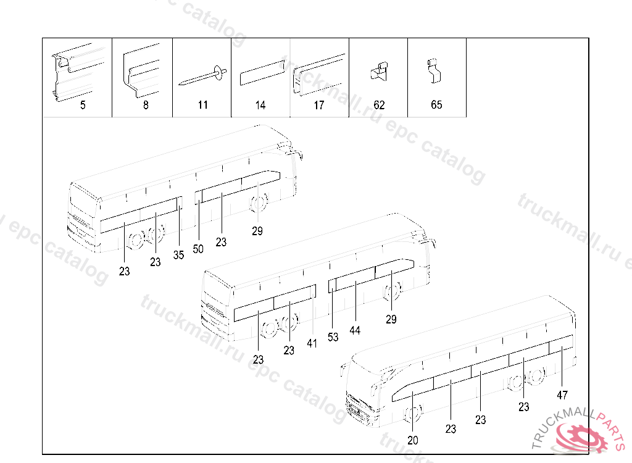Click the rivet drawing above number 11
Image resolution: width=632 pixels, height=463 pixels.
click(202, 76)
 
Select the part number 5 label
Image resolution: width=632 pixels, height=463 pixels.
click(83, 106)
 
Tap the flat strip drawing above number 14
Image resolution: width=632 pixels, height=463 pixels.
click(262, 73)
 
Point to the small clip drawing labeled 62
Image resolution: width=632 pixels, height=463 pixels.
click(380, 72)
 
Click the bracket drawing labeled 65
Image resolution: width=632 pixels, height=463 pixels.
click(434, 71)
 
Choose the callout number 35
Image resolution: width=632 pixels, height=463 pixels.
click(178, 255)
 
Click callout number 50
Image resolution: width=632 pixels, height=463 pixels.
click(198, 249)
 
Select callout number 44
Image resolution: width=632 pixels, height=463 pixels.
click(355, 331)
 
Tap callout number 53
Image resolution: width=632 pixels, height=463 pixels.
click(333, 337)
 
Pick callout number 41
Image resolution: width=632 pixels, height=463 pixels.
click(312, 344)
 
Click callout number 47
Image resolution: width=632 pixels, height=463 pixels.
click(562, 395)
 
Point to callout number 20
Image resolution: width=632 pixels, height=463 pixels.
click(413, 440)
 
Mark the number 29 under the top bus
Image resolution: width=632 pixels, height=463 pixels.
click(257, 231)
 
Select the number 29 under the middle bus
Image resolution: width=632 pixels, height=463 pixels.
click(391, 319)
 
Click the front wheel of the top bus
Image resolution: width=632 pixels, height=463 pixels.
click(259, 203)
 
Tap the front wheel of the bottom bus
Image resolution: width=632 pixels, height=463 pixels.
click(413, 414)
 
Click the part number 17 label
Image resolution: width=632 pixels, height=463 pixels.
click(319, 106)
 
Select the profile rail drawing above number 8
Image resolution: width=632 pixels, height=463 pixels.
click(141, 71)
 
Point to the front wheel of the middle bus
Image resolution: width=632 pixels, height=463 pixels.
click(392, 291)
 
